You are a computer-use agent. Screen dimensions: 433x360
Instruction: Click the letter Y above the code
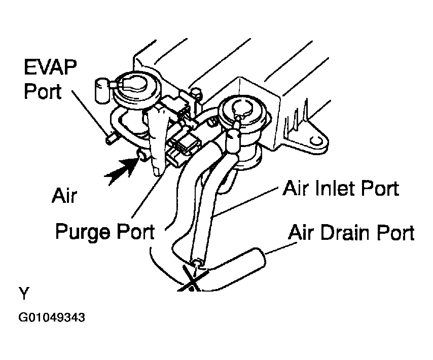click(23, 294)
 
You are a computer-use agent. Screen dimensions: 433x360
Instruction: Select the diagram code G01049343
click(51, 318)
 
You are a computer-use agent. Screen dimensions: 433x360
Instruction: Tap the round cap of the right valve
click(237, 110)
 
